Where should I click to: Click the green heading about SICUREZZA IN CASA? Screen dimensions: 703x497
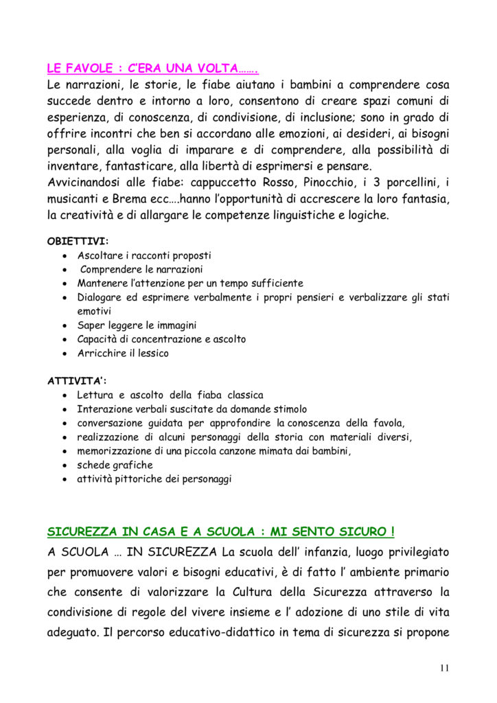[220, 531]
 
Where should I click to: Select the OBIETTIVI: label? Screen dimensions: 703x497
[78, 241]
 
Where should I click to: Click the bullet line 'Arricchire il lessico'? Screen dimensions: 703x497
[122, 354]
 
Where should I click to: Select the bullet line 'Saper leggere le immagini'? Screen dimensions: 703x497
[137, 325]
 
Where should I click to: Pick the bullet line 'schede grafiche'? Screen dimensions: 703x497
[115, 465]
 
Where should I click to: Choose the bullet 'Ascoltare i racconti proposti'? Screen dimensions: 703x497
[144, 255]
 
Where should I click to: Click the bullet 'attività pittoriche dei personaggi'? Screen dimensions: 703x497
[154, 479]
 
